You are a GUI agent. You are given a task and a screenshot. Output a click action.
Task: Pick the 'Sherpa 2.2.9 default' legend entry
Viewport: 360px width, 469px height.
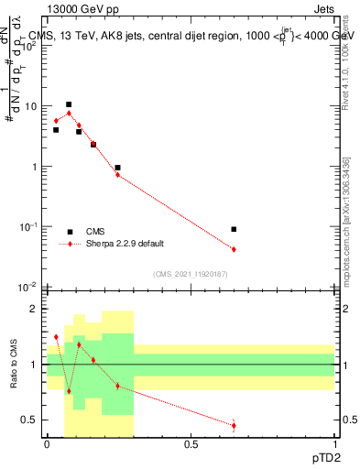click(125, 244)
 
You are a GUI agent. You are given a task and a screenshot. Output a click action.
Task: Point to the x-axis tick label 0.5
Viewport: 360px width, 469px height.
click(191, 443)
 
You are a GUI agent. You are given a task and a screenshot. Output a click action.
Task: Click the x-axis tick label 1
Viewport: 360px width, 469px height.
click(335, 443)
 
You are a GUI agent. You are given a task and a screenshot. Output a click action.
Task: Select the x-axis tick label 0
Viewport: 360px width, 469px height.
click(47, 443)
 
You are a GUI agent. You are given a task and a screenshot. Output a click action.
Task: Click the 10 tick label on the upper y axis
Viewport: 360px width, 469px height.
click(29, 106)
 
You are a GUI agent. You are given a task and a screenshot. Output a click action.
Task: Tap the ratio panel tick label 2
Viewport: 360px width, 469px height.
click(34, 309)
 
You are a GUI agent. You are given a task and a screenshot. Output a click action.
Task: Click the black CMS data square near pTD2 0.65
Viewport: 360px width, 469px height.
click(234, 229)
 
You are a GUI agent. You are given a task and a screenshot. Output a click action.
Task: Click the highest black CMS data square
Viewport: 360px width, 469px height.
click(69, 104)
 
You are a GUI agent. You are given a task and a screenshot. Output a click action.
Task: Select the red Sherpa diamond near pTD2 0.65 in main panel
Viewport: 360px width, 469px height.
click(234, 249)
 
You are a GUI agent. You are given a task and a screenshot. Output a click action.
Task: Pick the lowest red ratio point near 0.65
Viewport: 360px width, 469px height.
click(234, 425)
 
